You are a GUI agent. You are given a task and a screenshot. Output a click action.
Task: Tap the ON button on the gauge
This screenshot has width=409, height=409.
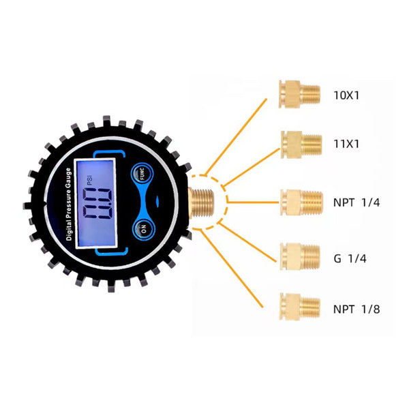pos(144,229)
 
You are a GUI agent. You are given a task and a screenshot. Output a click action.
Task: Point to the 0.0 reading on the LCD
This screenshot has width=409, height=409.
pos(97,203)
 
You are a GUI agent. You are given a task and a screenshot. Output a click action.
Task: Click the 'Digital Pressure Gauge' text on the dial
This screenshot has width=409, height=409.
pos(68,204)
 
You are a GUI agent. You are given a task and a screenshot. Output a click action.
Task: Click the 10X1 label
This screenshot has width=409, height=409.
pos(346,95)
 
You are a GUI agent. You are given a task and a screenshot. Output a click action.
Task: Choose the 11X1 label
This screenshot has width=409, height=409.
pos(346,144)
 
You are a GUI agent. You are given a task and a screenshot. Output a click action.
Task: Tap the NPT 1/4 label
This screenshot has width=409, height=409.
pos(357,202)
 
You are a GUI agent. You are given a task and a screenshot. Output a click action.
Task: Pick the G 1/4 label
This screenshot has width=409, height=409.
pos(350,258)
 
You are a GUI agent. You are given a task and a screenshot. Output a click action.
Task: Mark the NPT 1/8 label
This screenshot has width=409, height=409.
pos(357,309)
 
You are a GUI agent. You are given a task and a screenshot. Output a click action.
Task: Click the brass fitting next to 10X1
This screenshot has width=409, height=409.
pos(299,94)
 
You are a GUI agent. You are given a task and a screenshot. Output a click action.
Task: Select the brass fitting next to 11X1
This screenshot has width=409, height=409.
pos(301,145)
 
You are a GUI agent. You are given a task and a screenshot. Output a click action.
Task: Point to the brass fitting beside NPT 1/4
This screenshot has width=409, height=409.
pos(302,202)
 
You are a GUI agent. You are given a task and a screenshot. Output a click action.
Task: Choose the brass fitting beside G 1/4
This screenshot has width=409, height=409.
pos(300,257)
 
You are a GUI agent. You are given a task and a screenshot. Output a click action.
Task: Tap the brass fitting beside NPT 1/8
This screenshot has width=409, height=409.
pos(300,307)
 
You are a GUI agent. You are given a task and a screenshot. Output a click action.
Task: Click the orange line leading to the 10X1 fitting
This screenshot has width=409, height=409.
pos(236,136)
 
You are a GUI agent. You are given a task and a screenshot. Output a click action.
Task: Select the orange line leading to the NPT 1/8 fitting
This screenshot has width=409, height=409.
pos(232,269)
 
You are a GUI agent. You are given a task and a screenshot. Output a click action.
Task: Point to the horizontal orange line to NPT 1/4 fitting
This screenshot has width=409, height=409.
pos(253,202)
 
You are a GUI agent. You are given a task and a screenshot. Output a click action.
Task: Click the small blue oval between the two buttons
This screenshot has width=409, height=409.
pos(157,201)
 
